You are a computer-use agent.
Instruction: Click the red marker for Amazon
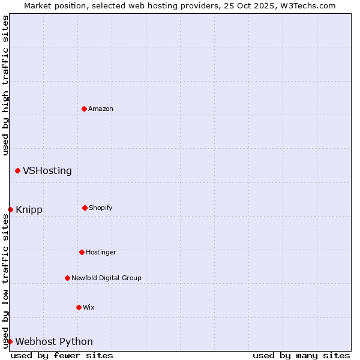point(84,109)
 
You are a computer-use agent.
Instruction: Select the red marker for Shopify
point(85,208)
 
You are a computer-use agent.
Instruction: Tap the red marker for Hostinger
point(82,252)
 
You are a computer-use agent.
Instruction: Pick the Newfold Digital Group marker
point(67,278)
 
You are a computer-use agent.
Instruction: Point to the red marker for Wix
point(79,307)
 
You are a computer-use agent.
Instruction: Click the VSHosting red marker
point(17,171)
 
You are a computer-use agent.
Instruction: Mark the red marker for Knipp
point(10,209)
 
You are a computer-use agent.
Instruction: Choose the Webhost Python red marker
point(10,341)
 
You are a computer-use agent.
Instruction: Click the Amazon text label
point(101,109)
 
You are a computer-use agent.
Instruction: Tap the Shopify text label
point(101,208)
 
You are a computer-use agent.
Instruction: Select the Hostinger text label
point(101,252)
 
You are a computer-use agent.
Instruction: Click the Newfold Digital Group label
point(106,278)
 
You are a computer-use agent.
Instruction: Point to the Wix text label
point(89,307)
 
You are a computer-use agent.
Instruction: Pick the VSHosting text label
point(47,171)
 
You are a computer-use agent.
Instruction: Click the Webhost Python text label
point(54,342)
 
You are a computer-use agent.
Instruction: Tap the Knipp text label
point(29,210)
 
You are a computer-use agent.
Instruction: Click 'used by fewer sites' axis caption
point(62,355)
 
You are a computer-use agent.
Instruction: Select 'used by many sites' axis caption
point(301,355)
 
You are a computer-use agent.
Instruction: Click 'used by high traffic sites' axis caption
point(5,85)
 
